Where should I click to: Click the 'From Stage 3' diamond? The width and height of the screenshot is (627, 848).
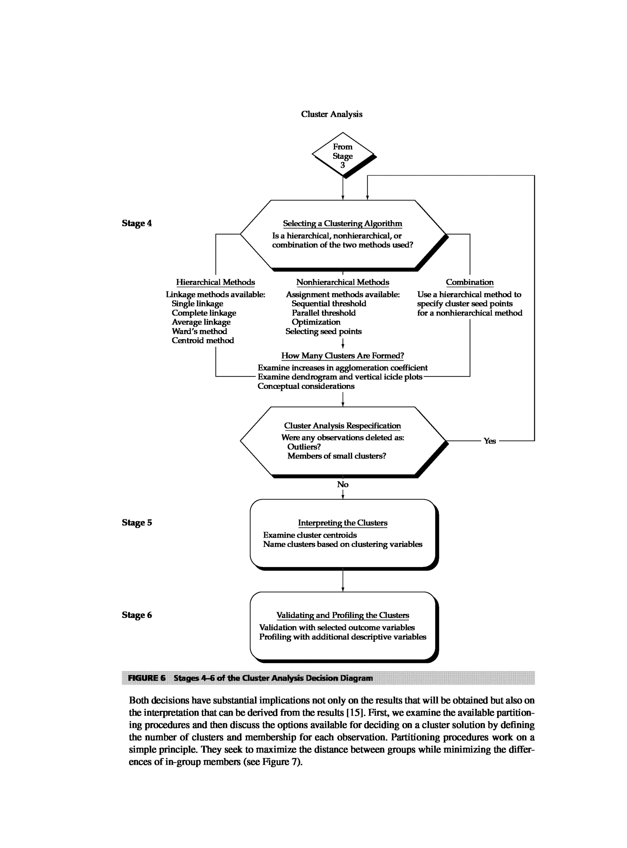tap(342, 155)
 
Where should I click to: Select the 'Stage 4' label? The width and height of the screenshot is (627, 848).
tap(137, 223)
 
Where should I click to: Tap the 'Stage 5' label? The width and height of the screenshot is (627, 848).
tap(137, 522)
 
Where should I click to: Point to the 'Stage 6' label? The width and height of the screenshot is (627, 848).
tap(137, 615)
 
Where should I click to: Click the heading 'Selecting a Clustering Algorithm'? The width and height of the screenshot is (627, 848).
tap(342, 223)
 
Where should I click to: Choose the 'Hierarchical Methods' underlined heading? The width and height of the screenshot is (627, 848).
tap(215, 282)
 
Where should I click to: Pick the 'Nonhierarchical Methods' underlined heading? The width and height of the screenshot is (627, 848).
tap(342, 282)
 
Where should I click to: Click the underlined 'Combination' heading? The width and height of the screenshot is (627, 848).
tap(470, 282)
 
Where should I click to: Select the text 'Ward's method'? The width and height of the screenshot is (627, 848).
tap(199, 331)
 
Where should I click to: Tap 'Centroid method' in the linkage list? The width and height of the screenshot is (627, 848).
tap(203, 340)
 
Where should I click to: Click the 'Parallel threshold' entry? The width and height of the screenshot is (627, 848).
tap(323, 313)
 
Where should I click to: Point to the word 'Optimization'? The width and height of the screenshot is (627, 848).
tap(316, 322)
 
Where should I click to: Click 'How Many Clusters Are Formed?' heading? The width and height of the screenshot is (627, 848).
tap(342, 356)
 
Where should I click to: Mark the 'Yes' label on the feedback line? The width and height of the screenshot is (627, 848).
tap(490, 441)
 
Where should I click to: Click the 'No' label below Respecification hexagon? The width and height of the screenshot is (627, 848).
tap(342, 484)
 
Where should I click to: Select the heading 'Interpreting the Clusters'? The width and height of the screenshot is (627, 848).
tap(342, 523)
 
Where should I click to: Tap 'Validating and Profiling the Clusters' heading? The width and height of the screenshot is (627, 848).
tap(342, 615)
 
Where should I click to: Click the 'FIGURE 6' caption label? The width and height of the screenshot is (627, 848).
tap(147, 678)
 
